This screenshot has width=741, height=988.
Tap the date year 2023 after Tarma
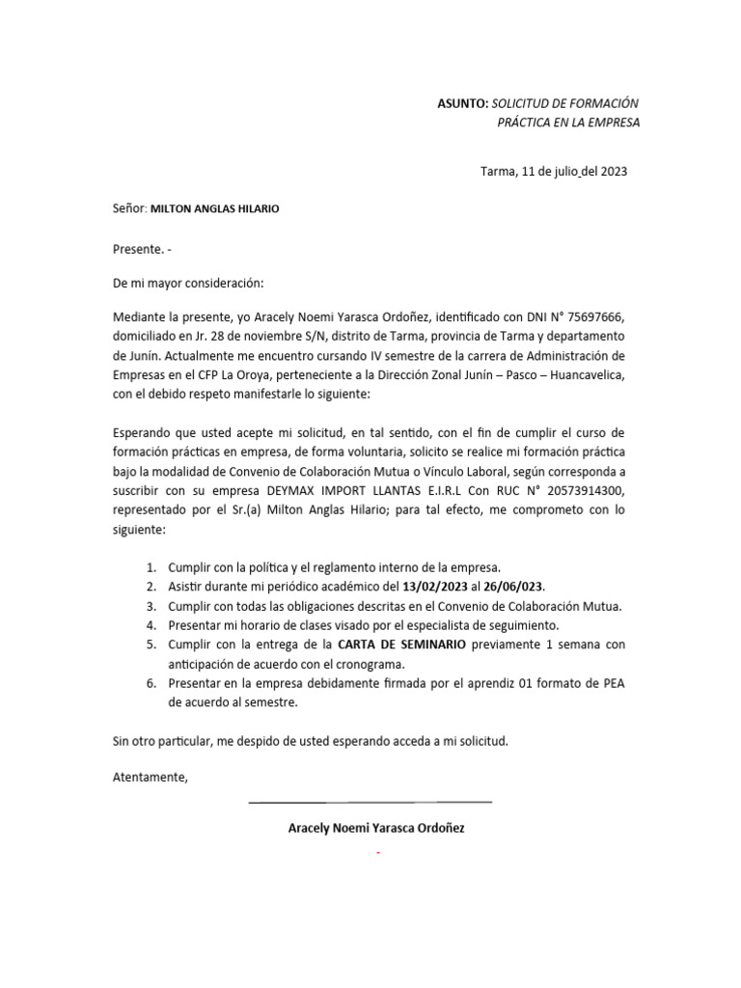point(612,172)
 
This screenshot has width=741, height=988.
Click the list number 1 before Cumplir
point(151,568)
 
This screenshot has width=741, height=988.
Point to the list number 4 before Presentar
point(151,625)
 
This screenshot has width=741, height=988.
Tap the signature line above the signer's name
point(370,802)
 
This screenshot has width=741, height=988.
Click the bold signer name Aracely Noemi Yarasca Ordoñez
point(376,828)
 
